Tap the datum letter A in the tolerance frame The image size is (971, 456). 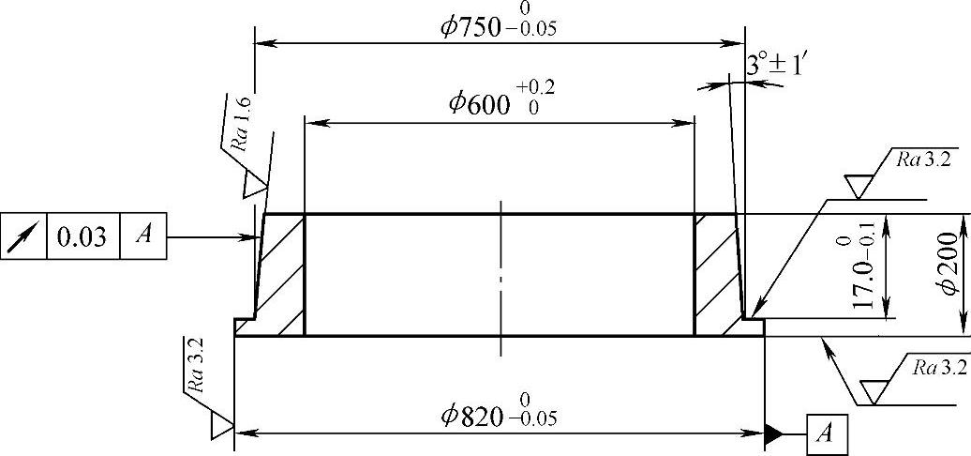coord(143,236)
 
